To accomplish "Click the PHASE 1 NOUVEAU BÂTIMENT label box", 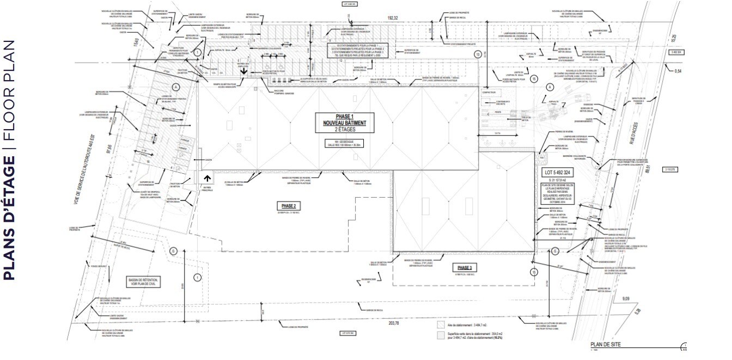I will pyautogui.click(x=344, y=124).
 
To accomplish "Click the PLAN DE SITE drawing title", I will pyautogui.click(x=606, y=345).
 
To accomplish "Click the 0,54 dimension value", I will pyautogui.click(x=678, y=71).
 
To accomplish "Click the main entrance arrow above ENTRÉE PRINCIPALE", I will pyautogui.click(x=207, y=178).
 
